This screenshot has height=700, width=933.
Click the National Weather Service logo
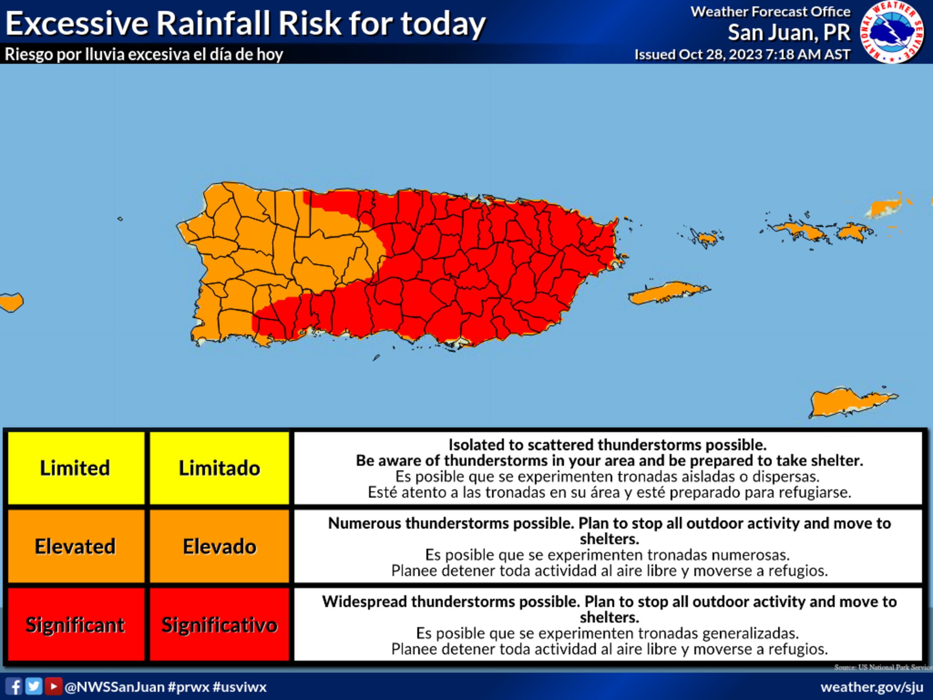(892, 32)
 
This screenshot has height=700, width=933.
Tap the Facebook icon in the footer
(14, 687)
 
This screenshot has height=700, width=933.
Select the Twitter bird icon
(34, 686)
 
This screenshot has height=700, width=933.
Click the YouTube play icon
(53, 686)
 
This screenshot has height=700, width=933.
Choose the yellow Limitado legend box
(219, 468)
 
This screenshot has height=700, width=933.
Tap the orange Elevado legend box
(219, 547)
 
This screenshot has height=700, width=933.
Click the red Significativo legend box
(219, 625)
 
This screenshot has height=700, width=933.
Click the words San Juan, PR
(789, 32)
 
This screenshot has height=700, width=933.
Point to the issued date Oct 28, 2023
(719, 54)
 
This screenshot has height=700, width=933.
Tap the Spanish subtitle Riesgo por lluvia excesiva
(143, 54)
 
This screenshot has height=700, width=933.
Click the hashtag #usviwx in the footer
(239, 687)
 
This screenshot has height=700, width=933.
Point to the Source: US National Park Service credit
(883, 667)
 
